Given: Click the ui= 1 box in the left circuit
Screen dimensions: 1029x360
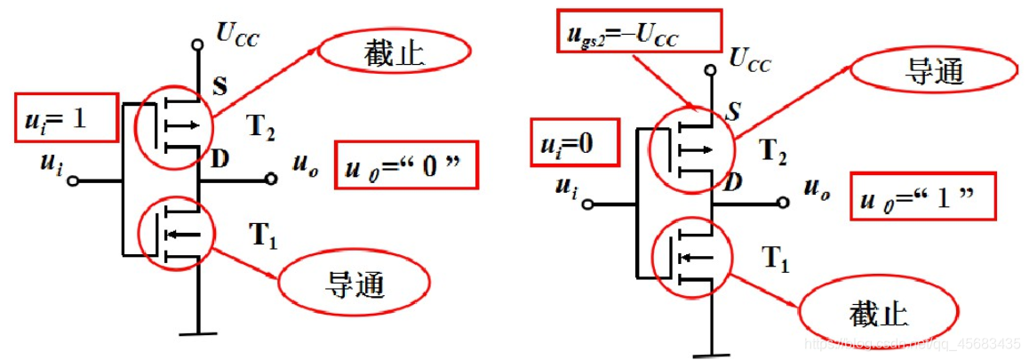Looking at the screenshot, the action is pos(67,116).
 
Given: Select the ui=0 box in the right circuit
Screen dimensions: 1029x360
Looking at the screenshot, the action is pos(575,142).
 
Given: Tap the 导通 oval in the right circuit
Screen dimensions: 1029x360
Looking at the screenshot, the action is pos(921,73).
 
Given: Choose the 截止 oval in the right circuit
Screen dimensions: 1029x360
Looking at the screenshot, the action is pos(878,312).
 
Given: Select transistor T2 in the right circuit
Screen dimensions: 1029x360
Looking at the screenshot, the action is pos(690,150).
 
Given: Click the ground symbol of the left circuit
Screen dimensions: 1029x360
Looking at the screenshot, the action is pos(195,332).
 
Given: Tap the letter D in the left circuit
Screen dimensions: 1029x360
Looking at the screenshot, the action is pos(219,161).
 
